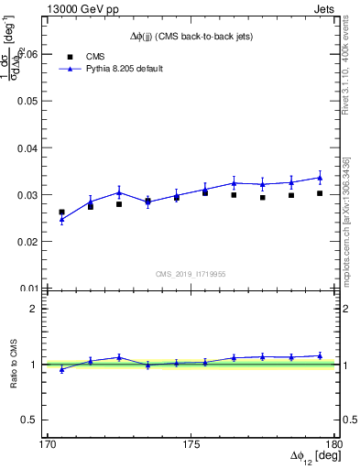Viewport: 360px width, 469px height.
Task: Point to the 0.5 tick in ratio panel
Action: click(x=35, y=420)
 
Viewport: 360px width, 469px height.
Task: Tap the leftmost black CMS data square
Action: click(x=61, y=213)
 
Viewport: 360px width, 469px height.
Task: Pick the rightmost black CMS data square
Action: click(x=320, y=193)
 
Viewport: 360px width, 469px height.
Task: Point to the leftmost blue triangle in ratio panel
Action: click(x=61, y=369)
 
